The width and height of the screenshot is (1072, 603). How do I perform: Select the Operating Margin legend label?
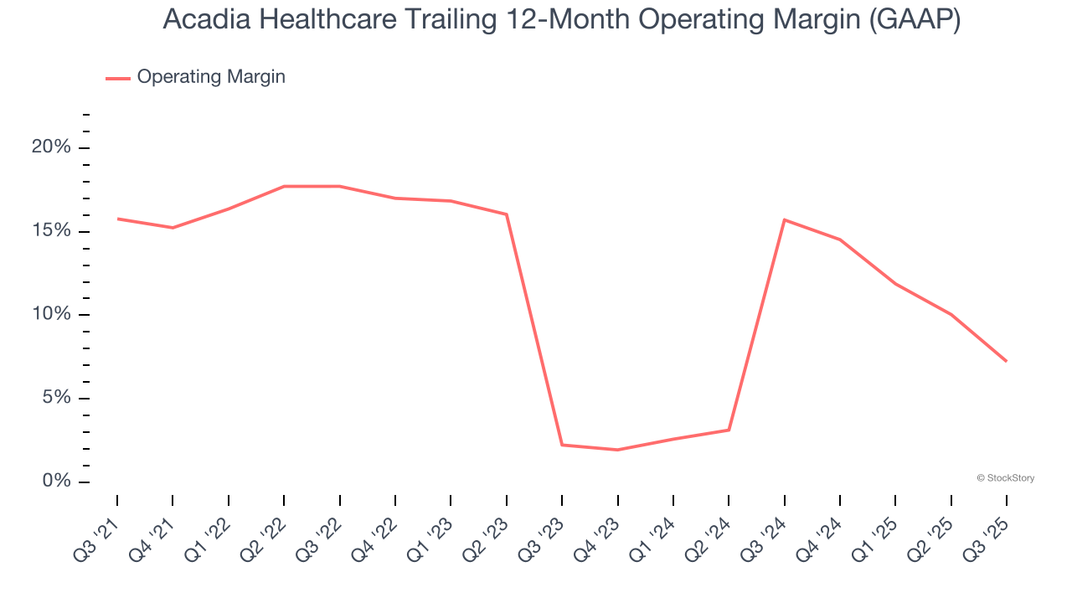(x=211, y=77)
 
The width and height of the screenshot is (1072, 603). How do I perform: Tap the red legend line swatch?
(x=117, y=78)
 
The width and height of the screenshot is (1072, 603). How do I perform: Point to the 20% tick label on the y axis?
(x=51, y=147)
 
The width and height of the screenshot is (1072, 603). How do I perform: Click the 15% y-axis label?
(x=51, y=231)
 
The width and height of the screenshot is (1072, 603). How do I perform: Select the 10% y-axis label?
(x=51, y=314)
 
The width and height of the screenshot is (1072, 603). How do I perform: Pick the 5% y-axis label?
(x=56, y=398)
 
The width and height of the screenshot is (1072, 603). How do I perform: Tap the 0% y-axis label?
(x=56, y=482)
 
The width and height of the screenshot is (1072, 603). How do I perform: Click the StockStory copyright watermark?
(x=1005, y=478)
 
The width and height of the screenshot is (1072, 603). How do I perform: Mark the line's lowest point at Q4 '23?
(x=617, y=450)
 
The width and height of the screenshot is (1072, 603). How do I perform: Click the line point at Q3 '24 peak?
(x=784, y=219)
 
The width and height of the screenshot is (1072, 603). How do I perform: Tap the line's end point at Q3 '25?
(x=1006, y=361)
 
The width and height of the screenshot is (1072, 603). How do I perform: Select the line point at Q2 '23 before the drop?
(x=507, y=214)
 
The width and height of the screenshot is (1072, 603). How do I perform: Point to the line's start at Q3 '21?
(x=117, y=219)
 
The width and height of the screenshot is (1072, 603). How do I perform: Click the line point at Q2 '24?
(x=729, y=430)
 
